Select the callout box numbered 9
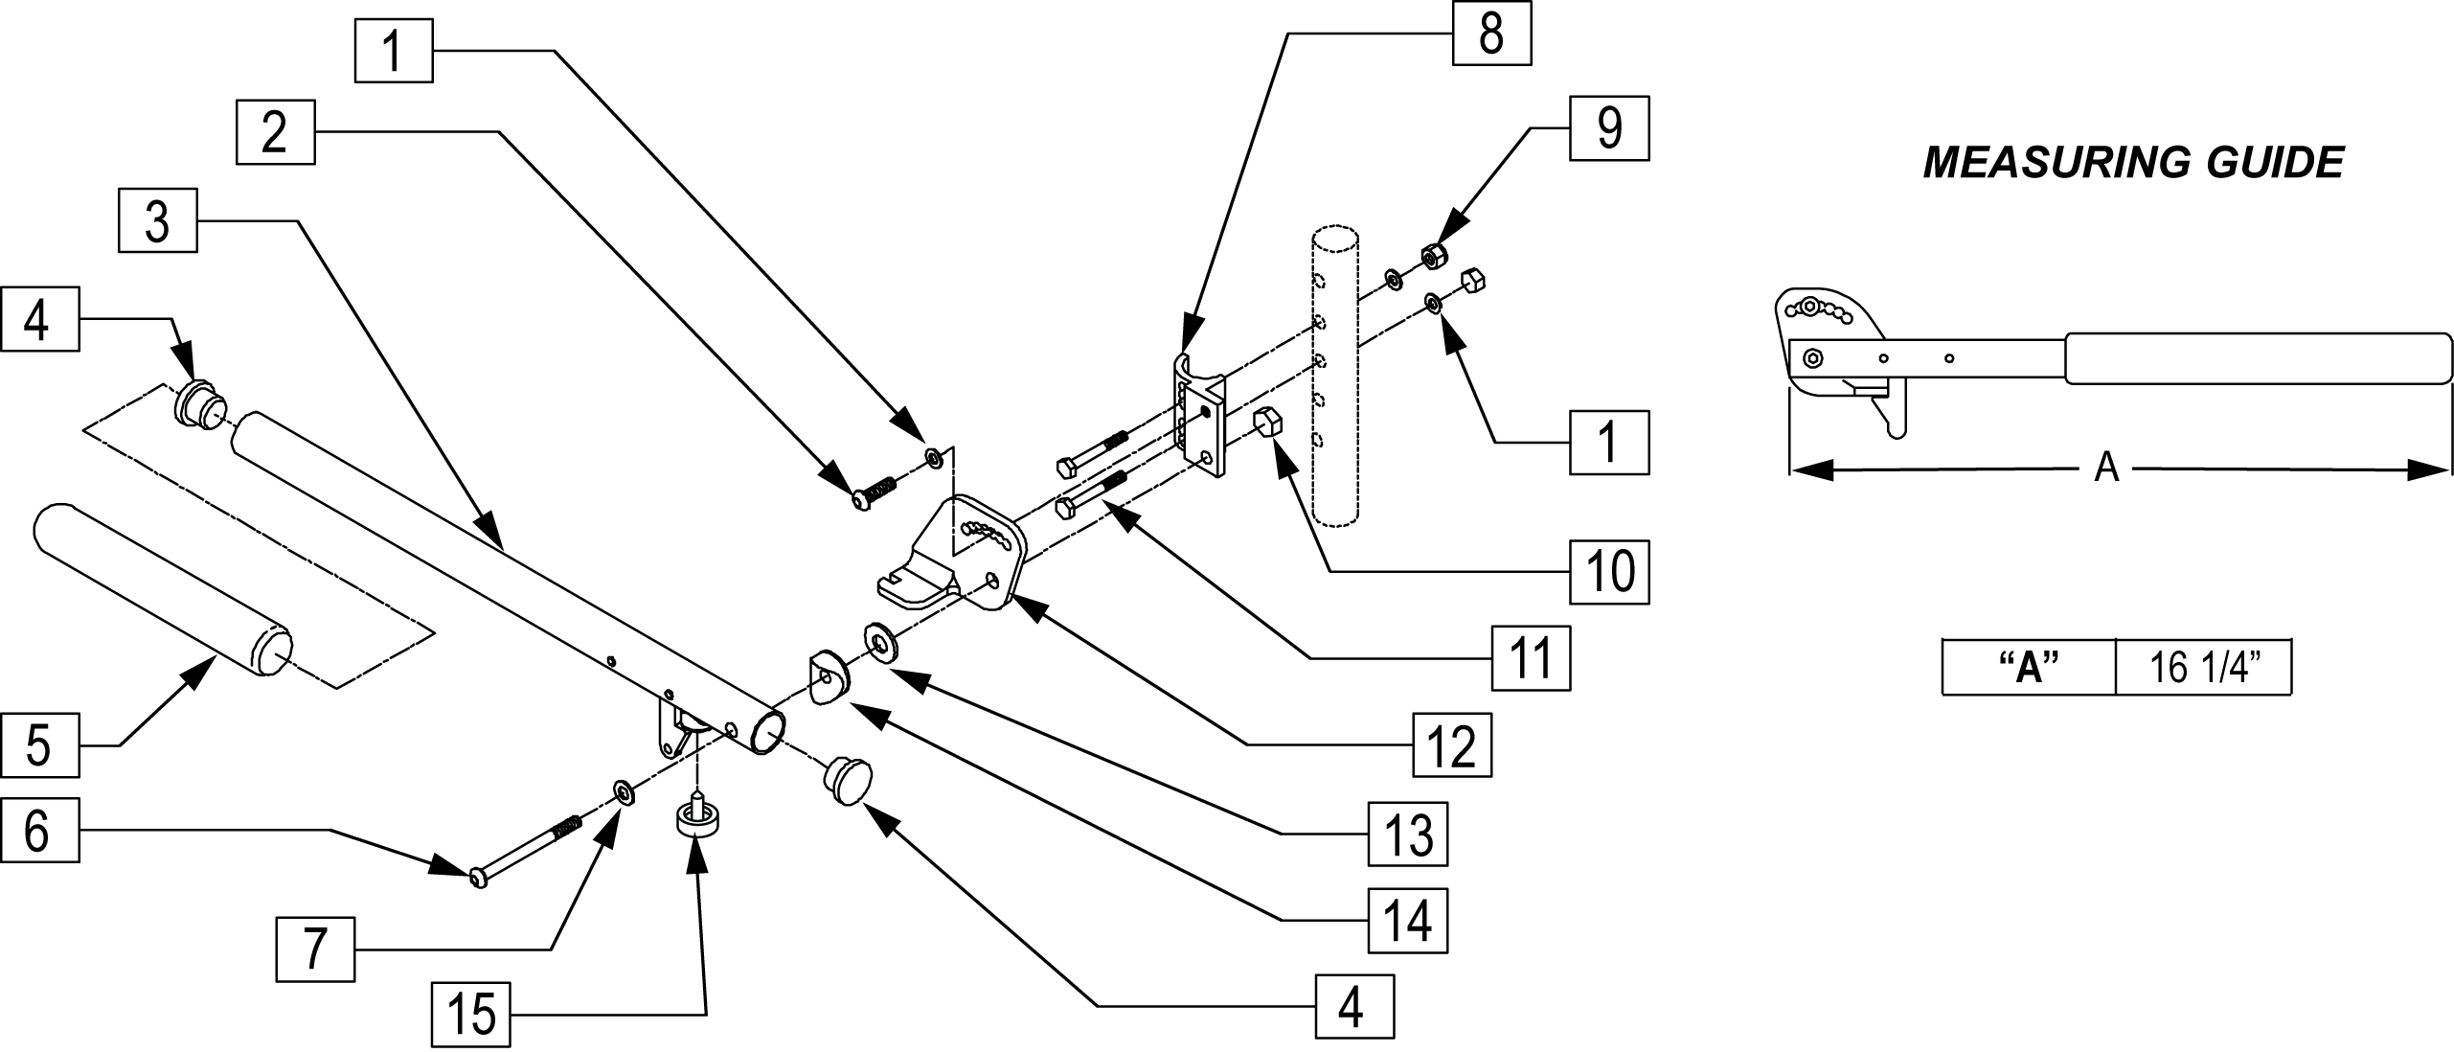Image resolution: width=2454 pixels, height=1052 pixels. [1609, 127]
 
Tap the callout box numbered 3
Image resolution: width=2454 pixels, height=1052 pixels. [157, 221]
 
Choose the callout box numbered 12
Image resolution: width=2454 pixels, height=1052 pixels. [1452, 744]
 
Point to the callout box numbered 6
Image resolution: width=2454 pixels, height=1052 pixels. [38, 831]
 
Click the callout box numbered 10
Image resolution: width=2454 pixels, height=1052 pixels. [1609, 572]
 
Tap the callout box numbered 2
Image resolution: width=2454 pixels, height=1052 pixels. [276, 131]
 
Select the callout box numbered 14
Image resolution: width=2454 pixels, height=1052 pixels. [1407, 921]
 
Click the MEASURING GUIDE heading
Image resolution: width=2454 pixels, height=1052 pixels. [2132, 163]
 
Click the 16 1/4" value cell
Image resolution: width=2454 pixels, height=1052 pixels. [2202, 666]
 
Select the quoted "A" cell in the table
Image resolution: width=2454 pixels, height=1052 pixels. [2029, 666]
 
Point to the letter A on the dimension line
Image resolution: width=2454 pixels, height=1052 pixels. [2106, 469]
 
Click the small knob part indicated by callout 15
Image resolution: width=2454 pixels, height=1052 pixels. [698, 817]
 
